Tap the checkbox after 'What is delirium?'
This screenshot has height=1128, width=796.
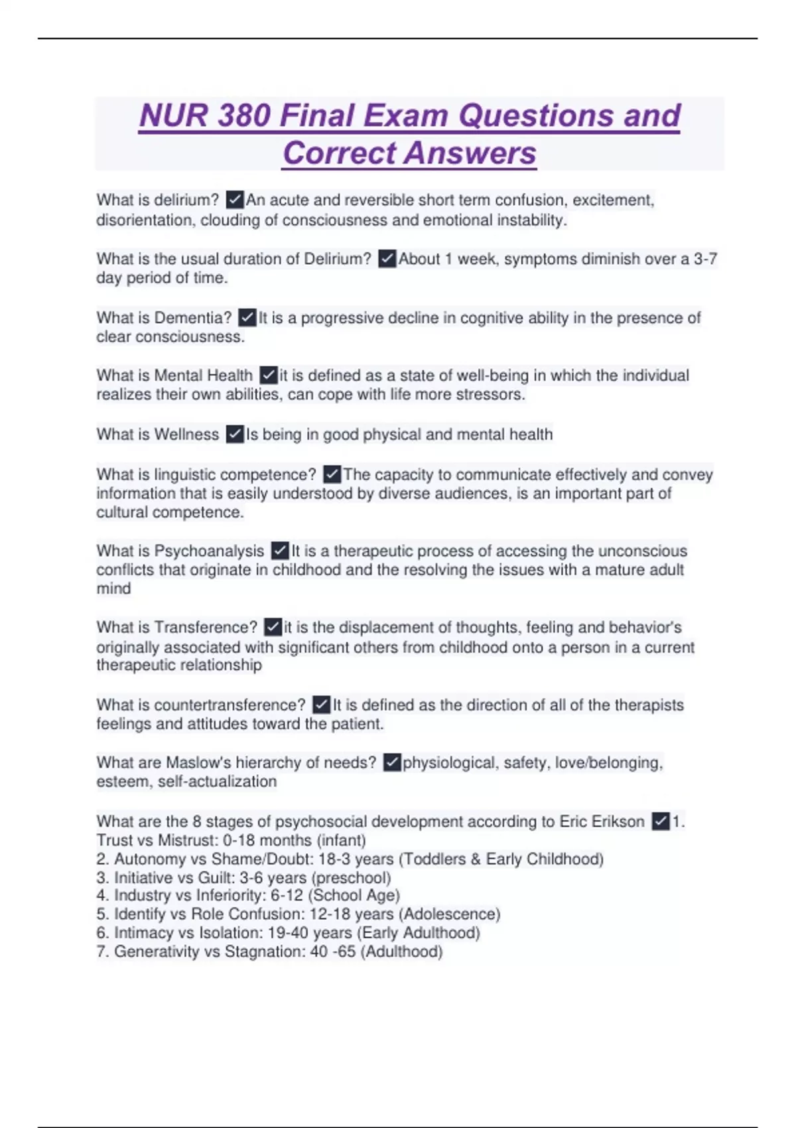pos(235,200)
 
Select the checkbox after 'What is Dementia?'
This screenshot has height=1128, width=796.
pos(247,318)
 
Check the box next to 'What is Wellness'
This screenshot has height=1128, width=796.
pos(235,435)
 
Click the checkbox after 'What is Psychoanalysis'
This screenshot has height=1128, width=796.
pos(280,551)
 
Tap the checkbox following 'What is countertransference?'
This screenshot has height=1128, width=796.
pos(321,705)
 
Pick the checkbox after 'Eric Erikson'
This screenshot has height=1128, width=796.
pos(660,821)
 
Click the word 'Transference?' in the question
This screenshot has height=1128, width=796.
pos(206,627)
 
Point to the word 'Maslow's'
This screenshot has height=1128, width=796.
pos(198,763)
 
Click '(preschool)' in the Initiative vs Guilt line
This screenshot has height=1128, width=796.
pos(352,877)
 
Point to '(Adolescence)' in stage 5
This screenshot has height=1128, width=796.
pos(450,914)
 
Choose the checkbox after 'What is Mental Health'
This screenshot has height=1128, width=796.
pos(268,376)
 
